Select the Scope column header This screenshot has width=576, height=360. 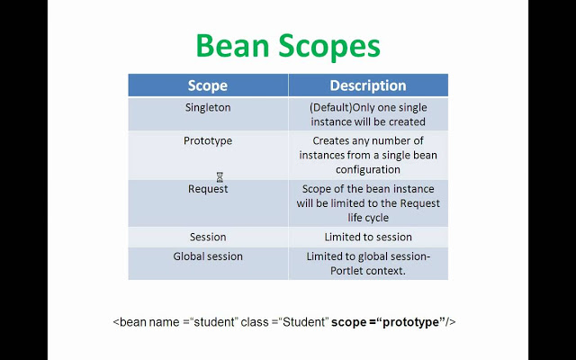click(x=207, y=86)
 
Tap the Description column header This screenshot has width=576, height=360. click(x=367, y=86)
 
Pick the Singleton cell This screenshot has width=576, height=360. click(x=207, y=106)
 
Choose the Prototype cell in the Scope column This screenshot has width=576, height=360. click(x=207, y=141)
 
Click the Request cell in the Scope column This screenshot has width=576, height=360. click(x=207, y=189)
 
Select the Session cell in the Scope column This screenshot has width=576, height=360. click(x=207, y=237)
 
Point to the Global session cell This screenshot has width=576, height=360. click(x=207, y=256)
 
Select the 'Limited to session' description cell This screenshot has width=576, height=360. click(x=367, y=237)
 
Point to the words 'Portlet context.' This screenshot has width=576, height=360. click(x=369, y=271)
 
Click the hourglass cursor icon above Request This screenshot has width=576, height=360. click(x=220, y=177)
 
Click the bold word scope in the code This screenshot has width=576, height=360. click(x=348, y=322)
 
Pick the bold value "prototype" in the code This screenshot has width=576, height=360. click(x=410, y=322)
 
